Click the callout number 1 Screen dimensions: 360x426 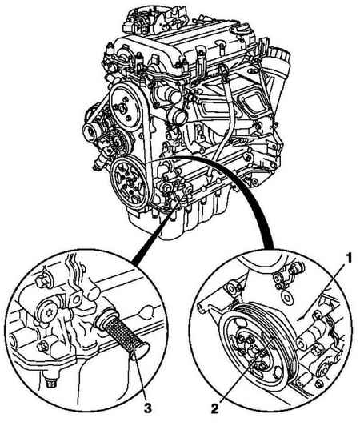[x=349, y=258]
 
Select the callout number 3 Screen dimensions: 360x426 [x=147, y=408]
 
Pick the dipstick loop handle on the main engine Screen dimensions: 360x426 [x=222, y=70]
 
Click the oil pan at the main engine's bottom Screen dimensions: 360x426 [x=185, y=217]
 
